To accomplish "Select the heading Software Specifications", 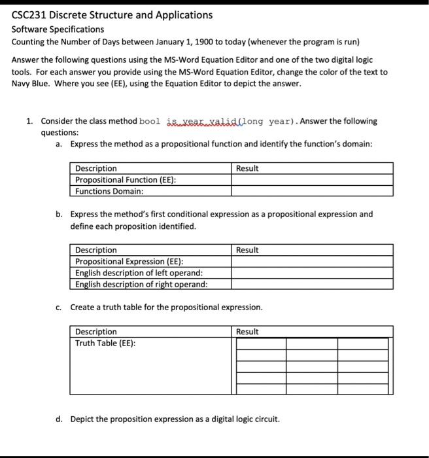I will tap(58, 29).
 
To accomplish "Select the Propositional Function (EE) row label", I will tap(125, 180).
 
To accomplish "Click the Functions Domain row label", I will tap(109, 191).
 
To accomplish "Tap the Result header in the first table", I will tap(247, 168).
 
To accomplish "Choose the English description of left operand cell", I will tap(139, 273).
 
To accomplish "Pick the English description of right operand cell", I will tap(141, 284).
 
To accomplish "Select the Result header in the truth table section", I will tap(247, 332).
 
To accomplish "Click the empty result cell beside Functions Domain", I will tap(311, 191).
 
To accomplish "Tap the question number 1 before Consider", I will tap(29, 121).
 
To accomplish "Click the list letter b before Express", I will tap(59, 214).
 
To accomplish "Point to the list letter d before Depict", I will tap(59, 419).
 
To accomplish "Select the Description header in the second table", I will tap(96, 250).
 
